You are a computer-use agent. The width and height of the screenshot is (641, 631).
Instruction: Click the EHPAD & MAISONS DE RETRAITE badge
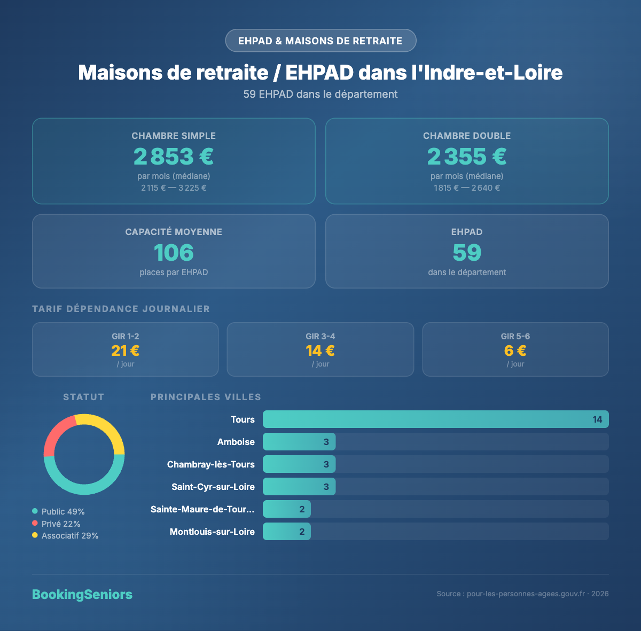coord(320,41)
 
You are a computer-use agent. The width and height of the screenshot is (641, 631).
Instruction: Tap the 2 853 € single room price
coord(174,157)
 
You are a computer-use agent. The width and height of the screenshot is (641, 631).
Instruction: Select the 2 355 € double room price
coord(467,157)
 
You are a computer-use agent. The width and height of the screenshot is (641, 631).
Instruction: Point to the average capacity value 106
coord(174,253)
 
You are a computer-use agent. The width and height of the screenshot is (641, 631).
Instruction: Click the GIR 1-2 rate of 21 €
coord(126,350)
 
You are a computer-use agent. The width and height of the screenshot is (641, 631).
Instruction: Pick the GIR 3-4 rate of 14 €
coord(320,350)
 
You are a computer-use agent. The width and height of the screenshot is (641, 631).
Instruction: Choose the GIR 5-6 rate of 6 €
coord(515,350)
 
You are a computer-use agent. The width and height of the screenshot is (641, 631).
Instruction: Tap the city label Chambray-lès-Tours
coord(211,464)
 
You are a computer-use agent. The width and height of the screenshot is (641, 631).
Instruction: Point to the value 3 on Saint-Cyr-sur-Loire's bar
coord(326,487)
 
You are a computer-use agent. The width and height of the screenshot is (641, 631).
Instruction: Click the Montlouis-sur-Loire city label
coord(212,532)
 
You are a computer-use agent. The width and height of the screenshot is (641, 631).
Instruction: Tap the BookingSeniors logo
coord(82,594)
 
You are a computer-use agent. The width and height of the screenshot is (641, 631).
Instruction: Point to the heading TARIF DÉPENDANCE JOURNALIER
coord(121,309)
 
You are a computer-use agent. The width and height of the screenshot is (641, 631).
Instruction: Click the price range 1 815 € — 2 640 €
coord(467,188)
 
